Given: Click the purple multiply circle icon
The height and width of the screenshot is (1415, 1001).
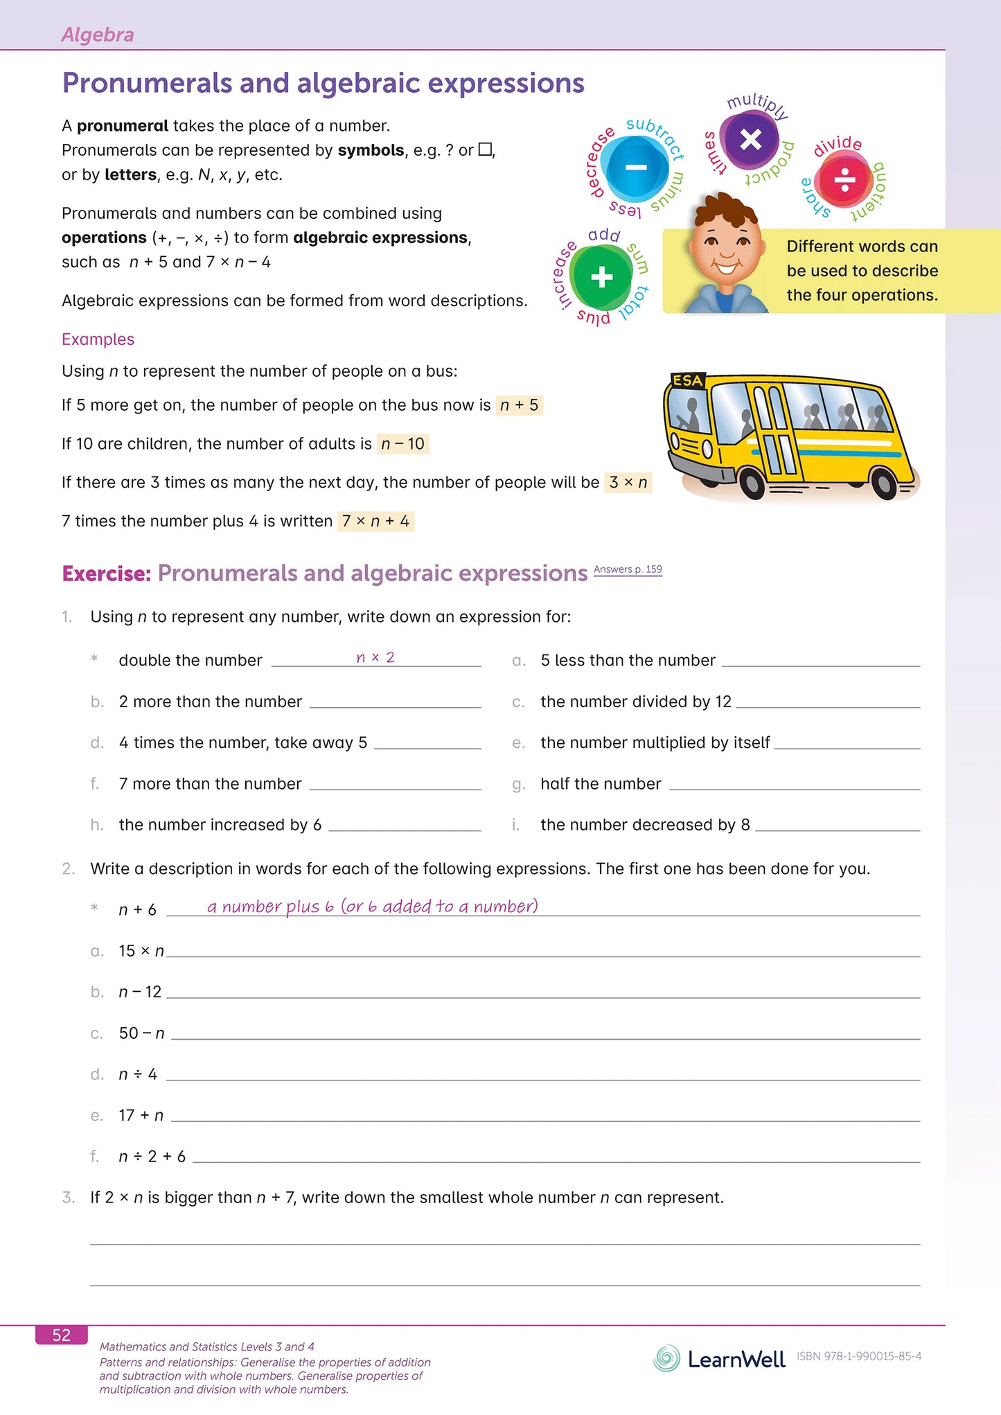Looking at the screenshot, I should (x=750, y=140).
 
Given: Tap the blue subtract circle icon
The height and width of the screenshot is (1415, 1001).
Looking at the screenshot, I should (x=635, y=168).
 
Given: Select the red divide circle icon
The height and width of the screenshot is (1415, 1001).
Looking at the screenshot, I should (x=844, y=180).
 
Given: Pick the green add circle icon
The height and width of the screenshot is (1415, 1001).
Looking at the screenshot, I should (x=601, y=277).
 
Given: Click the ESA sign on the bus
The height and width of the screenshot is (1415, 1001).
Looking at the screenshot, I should (x=688, y=380).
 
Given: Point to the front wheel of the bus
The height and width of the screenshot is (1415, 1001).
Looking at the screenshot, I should (x=752, y=483).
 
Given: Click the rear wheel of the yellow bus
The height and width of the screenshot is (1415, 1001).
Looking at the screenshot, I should (x=885, y=483).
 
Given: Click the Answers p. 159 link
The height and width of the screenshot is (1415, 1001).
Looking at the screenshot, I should (x=628, y=569).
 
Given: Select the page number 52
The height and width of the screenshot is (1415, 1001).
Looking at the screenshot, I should (x=62, y=1335).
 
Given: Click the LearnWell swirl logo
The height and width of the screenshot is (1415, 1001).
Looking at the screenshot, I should (x=666, y=1358).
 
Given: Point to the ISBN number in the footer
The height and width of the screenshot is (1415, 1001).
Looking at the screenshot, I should (x=859, y=1356).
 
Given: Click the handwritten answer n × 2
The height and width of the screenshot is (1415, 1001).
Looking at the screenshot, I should (x=375, y=657).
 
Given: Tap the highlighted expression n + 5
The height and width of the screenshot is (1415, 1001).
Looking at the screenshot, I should (x=519, y=405).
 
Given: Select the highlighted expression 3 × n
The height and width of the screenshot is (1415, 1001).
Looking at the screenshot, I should (x=628, y=482).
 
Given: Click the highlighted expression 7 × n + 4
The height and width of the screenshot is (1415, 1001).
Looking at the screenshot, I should (x=375, y=521).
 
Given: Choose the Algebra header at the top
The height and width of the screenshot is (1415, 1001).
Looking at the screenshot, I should (x=98, y=35).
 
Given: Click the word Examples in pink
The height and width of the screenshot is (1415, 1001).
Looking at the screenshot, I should (x=98, y=339).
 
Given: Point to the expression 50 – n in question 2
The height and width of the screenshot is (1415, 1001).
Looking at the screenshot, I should (x=141, y=1033).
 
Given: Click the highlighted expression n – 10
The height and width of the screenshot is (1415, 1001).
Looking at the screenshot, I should (x=402, y=443).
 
